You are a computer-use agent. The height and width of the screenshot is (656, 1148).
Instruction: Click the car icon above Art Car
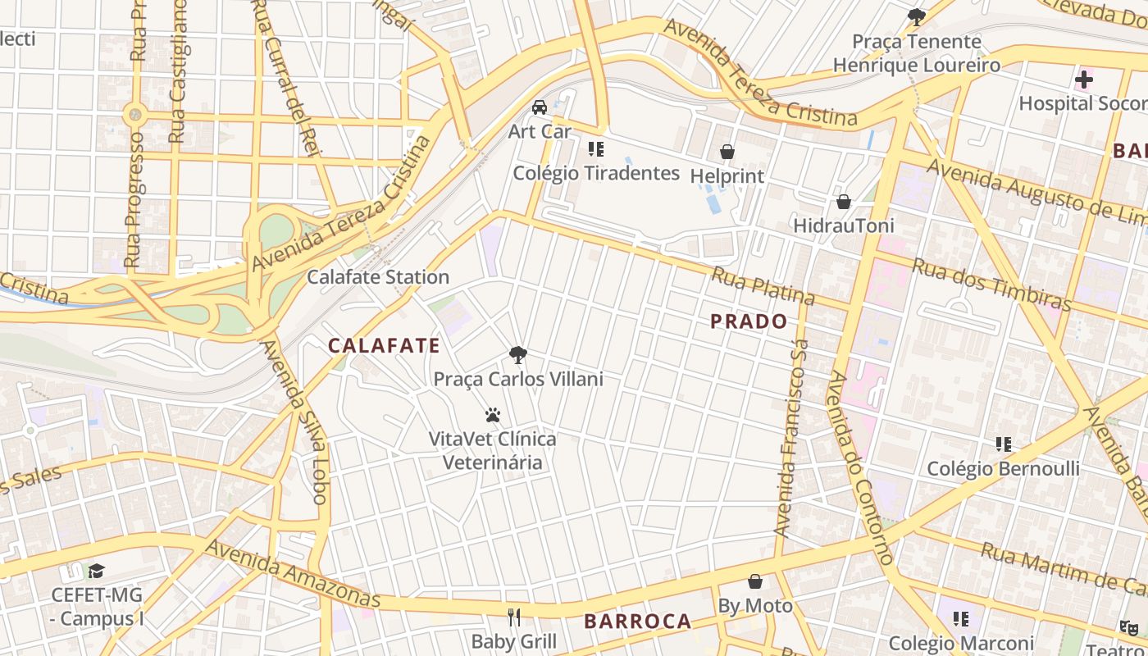click(540, 107)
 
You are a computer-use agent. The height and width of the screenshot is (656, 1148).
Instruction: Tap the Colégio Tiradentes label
click(596, 173)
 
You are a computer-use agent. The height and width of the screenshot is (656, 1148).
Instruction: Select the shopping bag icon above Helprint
click(727, 152)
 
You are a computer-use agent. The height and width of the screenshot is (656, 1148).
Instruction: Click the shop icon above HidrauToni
click(843, 202)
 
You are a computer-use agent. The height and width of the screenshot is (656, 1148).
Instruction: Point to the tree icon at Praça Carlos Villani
click(517, 355)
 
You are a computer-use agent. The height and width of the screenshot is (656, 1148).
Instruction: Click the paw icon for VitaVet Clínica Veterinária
click(493, 415)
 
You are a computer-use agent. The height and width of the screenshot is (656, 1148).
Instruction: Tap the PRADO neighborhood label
click(749, 321)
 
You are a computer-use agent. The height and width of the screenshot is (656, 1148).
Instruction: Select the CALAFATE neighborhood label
click(385, 346)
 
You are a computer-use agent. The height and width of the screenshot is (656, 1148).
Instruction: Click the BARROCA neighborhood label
click(638, 622)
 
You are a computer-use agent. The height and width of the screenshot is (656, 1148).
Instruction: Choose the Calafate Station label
click(378, 277)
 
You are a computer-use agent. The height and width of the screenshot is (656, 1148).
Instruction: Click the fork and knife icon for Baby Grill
click(514, 617)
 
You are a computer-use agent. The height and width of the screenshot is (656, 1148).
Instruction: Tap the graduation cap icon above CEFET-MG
click(97, 571)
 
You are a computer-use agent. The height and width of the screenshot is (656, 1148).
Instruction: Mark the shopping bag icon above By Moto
click(755, 581)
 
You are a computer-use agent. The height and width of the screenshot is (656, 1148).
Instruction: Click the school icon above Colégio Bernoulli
click(1003, 444)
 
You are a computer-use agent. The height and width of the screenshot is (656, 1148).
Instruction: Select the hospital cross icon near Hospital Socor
click(1084, 80)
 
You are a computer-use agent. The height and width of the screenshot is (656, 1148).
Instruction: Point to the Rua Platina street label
click(763, 286)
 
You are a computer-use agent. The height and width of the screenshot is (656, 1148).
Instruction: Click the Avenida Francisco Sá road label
click(792, 439)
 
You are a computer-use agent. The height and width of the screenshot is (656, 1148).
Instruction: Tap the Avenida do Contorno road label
click(860, 467)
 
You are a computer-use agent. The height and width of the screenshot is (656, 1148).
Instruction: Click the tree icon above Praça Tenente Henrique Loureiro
click(917, 16)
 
